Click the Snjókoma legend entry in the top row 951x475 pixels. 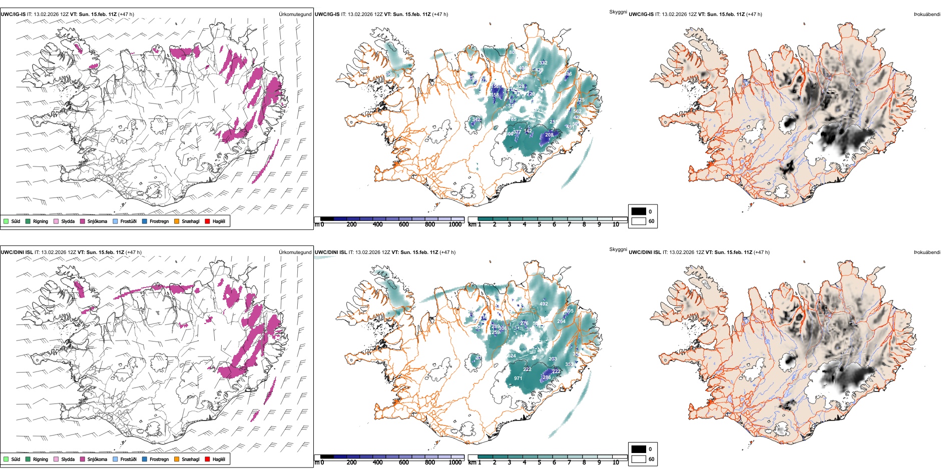click(97, 221)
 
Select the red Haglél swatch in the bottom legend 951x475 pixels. click(208, 459)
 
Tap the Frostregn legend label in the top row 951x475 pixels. click(159, 221)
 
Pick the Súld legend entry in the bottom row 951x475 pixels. click(16, 459)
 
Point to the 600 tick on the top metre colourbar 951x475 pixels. click(404, 224)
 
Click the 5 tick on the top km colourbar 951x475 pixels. click(539, 224)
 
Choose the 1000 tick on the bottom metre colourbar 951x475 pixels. click(455, 462)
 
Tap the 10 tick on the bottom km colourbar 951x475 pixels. click(616, 462)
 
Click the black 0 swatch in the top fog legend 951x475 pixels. click(639, 211)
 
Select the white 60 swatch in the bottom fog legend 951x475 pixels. click(639, 459)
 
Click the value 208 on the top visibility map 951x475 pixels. click(549, 135)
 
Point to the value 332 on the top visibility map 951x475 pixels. click(543, 63)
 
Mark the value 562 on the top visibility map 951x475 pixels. click(577, 111)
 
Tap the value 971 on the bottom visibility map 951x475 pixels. click(518, 378)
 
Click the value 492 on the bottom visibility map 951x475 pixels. click(544, 304)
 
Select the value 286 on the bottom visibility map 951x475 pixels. click(547, 377)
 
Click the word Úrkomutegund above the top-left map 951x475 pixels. click(295, 14)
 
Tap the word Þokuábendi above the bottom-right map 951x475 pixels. click(927, 252)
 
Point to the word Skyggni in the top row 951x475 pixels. click(618, 12)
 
